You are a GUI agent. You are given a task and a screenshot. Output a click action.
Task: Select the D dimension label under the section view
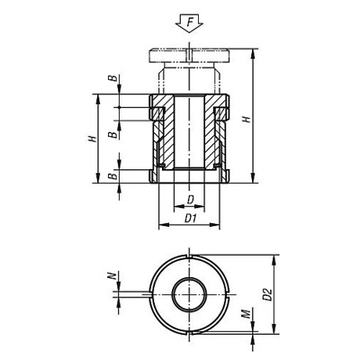pyautogui.click(x=189, y=199)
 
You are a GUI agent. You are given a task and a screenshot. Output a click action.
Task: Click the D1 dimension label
pyautogui.click(x=189, y=218)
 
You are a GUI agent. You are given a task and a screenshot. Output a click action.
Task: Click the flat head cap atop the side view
pyautogui.click(x=190, y=56)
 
